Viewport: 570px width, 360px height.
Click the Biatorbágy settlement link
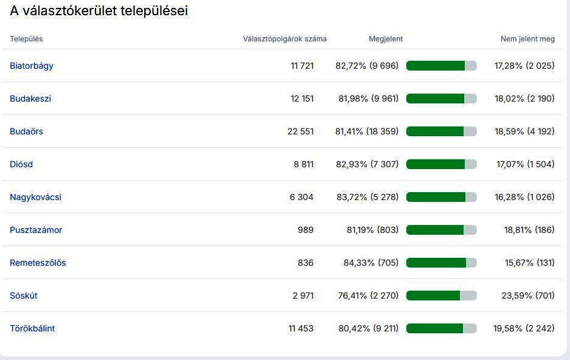click(32, 66)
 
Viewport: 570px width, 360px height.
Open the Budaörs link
click(26, 131)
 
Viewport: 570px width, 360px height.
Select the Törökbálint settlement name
click(32, 328)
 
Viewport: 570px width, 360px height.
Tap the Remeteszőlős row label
click(38, 263)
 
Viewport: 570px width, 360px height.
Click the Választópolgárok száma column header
click(285, 39)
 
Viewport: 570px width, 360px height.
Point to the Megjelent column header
click(386, 39)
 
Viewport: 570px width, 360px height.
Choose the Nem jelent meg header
click(527, 39)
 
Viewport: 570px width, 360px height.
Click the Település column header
click(26, 39)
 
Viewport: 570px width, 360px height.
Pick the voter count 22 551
click(301, 131)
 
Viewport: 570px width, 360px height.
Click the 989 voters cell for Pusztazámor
click(305, 230)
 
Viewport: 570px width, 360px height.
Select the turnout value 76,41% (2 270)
click(368, 296)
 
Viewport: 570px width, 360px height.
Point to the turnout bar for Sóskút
click(441, 296)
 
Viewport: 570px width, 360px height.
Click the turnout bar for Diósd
click(441, 164)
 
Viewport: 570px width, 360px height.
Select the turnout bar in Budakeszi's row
click(441, 99)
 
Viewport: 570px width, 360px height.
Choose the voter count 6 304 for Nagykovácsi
click(302, 197)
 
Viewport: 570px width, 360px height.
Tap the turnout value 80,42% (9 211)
click(368, 328)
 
